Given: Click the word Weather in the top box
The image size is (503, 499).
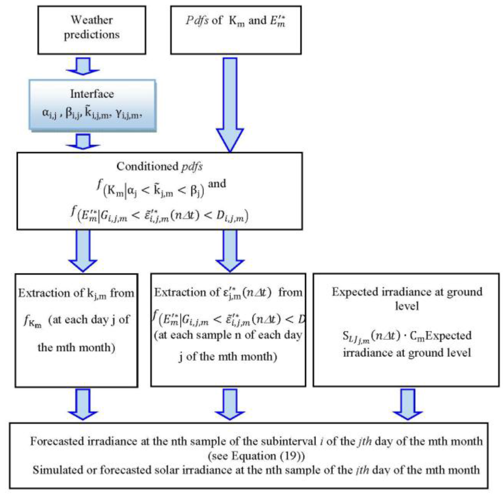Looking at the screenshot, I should pos(92,20).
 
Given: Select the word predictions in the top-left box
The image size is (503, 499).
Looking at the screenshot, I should pos(92,35).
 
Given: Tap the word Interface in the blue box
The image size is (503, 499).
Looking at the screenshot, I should pos(92,94).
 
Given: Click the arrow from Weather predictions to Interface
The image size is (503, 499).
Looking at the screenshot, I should pos(83,66).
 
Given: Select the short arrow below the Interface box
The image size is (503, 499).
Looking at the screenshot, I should pos(83,141).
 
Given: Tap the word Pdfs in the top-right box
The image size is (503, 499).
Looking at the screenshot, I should pos(197,21).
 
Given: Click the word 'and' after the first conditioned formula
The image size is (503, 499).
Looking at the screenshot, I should pos(217,184).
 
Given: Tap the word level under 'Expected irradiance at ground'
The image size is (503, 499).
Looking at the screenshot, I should pos(407,306).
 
